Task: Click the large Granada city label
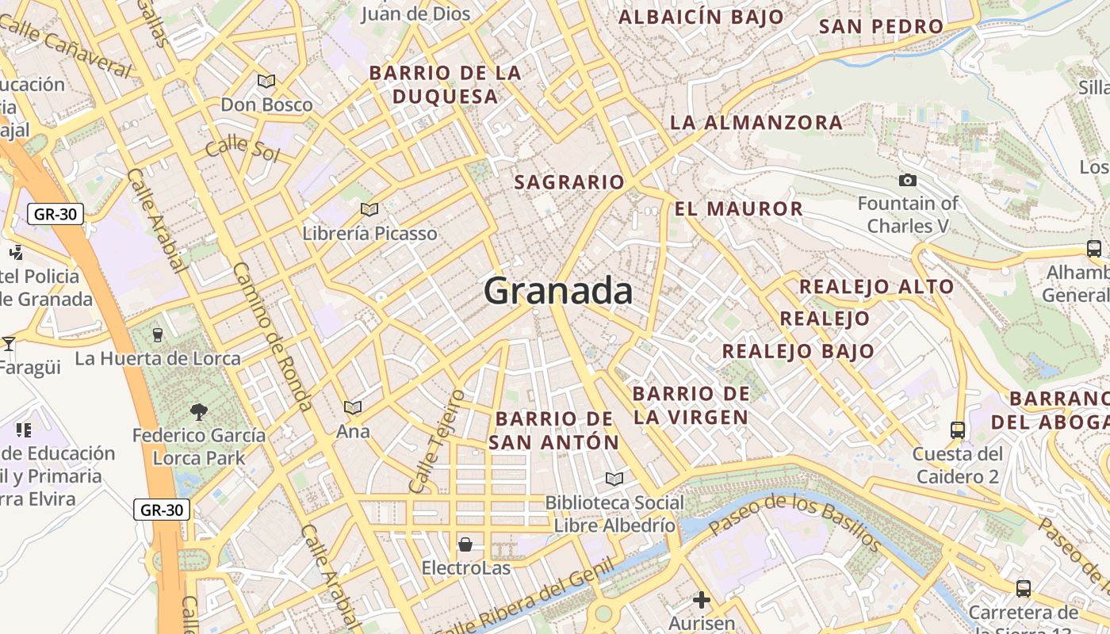click(x=558, y=291)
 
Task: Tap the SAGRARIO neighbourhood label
click(x=569, y=182)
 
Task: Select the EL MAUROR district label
click(x=739, y=209)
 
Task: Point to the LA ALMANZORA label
click(x=756, y=123)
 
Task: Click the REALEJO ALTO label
click(x=876, y=287)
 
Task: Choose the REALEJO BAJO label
click(x=798, y=351)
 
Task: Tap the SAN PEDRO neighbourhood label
click(x=881, y=26)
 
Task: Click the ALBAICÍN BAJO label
click(x=701, y=17)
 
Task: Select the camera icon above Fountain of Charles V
click(x=908, y=181)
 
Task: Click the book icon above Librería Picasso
click(x=369, y=209)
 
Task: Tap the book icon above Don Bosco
click(x=266, y=81)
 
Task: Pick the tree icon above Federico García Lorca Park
click(x=198, y=411)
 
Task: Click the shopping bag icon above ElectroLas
click(x=465, y=544)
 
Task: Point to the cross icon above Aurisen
click(x=701, y=599)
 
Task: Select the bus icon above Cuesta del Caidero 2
click(x=958, y=430)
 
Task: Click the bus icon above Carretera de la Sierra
click(x=1024, y=589)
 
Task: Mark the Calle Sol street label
click(x=242, y=148)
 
